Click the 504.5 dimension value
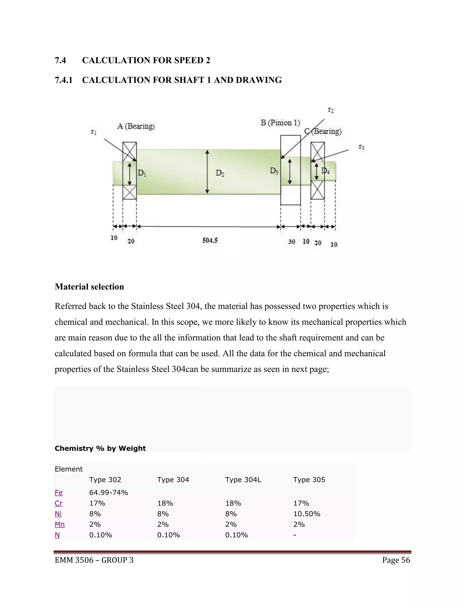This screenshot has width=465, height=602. [x=210, y=240]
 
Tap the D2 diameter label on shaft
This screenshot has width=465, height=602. [x=220, y=173]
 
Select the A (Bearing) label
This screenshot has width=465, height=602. [x=136, y=126]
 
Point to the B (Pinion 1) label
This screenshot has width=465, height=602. [x=280, y=123]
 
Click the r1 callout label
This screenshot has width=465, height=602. [x=94, y=132]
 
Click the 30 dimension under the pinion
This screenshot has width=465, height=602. [x=292, y=242]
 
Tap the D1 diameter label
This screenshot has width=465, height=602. [x=142, y=173]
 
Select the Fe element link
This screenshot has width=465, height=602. [x=59, y=493]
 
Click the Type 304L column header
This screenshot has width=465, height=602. [x=243, y=480]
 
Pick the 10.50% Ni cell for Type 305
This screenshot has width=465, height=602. [x=307, y=514]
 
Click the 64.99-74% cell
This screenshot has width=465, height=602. [x=109, y=493]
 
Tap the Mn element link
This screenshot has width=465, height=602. [x=60, y=524]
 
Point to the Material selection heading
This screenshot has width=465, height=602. [x=89, y=287]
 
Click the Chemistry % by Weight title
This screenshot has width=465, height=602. [x=100, y=448]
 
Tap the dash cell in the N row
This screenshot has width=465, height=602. [x=295, y=535]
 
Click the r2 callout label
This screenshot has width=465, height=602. [x=331, y=110]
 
